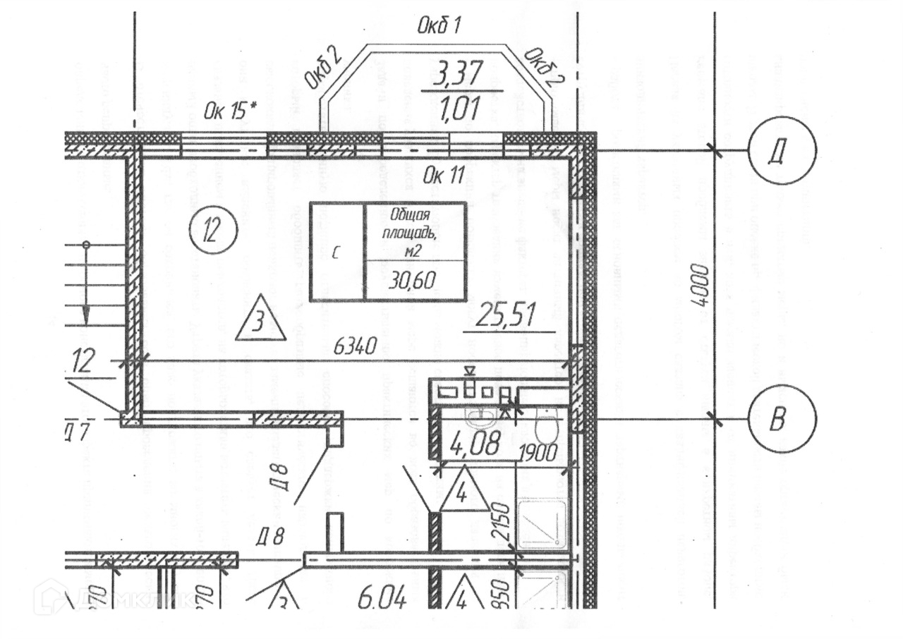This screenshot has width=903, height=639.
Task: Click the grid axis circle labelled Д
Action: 782,150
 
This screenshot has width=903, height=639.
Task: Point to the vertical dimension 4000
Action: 698,285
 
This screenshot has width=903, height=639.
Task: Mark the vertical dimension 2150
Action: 502,521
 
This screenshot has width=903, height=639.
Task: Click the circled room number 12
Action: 213,230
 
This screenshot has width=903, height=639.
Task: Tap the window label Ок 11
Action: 443,176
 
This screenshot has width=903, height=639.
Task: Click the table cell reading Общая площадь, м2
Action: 414,230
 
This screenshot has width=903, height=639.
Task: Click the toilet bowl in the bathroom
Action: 546,427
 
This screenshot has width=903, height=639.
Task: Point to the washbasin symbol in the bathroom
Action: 482,420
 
